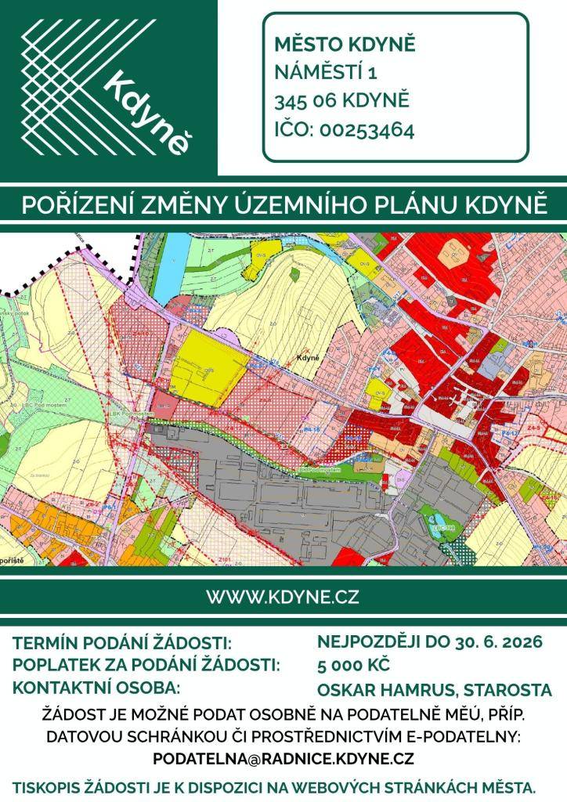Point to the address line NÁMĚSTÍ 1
[326, 73]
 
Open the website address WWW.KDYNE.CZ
[283, 597]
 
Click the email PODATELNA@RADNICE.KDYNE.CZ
[283, 759]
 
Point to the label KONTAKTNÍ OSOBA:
[97, 688]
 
